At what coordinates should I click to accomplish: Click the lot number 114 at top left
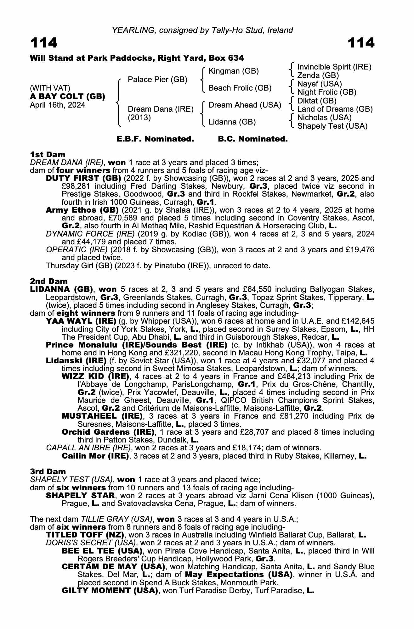[x=44, y=43]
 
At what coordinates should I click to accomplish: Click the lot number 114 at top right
[x=361, y=43]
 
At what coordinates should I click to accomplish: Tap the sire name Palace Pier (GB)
[x=157, y=80]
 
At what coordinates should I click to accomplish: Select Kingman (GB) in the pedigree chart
[x=234, y=71]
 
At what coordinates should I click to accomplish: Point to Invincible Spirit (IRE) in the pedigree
[x=334, y=67]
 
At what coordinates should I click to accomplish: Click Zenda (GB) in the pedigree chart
[x=318, y=75]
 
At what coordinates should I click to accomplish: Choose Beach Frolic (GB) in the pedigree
[x=240, y=88]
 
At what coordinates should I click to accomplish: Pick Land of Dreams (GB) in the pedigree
[x=335, y=109]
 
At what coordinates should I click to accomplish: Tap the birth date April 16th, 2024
[x=57, y=105]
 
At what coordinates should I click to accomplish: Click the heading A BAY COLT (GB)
[x=67, y=96]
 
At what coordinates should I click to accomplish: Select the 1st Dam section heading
[x=48, y=154]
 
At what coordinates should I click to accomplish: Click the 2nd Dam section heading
[x=48, y=281]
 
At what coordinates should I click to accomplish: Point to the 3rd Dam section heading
[x=48, y=471]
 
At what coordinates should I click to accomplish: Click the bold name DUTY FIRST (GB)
[x=83, y=178]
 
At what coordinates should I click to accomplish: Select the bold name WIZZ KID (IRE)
[x=95, y=376]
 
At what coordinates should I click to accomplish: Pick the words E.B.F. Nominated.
[x=155, y=139]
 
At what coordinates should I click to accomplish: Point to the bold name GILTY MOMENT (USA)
[x=110, y=591]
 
